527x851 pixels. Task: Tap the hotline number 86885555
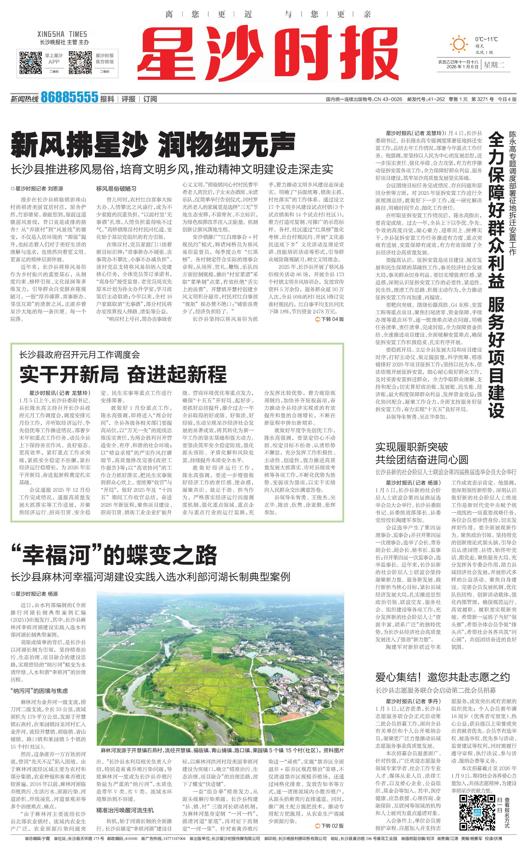69,97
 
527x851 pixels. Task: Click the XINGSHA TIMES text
62,34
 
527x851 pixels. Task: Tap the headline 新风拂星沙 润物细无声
153,144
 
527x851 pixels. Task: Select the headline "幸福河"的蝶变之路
114,555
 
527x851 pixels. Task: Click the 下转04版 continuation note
329,319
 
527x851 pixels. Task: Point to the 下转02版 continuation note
329,826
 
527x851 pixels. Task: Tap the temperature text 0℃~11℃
486,39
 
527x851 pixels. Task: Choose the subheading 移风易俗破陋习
116,189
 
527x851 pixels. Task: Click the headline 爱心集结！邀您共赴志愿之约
442,677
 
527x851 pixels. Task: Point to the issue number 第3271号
482,99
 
